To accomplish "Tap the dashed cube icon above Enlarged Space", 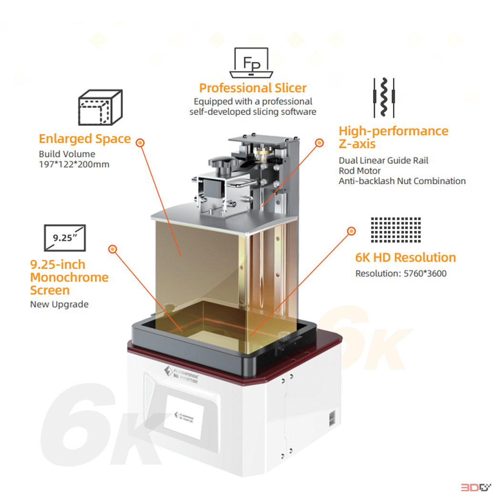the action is [100, 107].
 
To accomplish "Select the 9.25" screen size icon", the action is [65, 238].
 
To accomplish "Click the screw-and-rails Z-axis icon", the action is [384, 97].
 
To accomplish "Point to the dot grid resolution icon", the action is [396, 230].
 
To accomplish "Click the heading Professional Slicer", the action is [253, 88].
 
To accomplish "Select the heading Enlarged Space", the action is [85, 139].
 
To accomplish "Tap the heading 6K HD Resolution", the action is [405, 258].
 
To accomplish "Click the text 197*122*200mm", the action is [74, 165].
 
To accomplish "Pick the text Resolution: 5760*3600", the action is [401, 274].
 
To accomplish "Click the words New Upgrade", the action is [59, 304].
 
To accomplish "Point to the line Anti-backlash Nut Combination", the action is [402, 181].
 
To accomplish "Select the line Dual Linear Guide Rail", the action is [383, 160].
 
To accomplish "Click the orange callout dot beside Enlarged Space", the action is [140, 143].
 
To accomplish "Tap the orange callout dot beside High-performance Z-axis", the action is [320, 143].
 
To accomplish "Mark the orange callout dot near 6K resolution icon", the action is [351, 231].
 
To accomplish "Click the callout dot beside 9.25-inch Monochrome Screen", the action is [113, 249].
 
